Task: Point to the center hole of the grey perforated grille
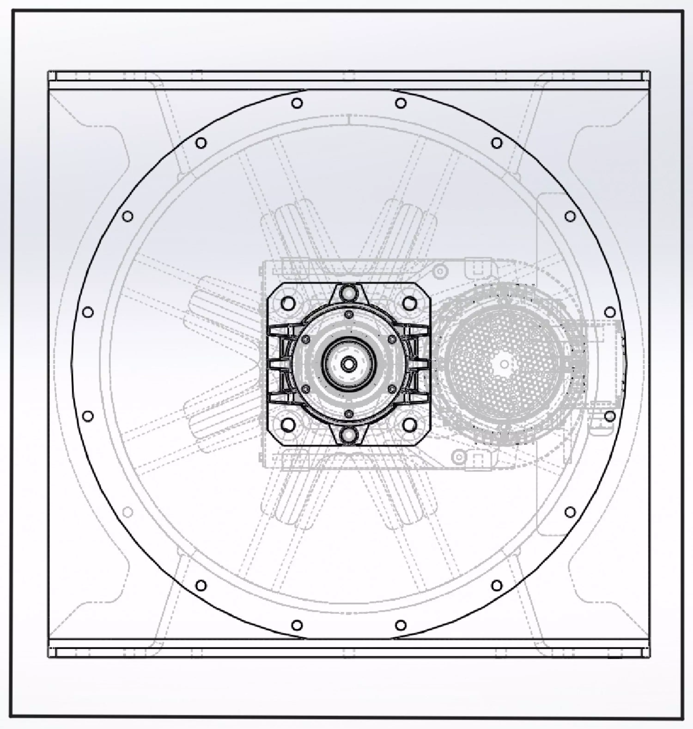(504, 364)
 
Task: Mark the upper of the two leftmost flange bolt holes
(88, 312)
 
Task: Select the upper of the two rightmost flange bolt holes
(610, 312)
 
